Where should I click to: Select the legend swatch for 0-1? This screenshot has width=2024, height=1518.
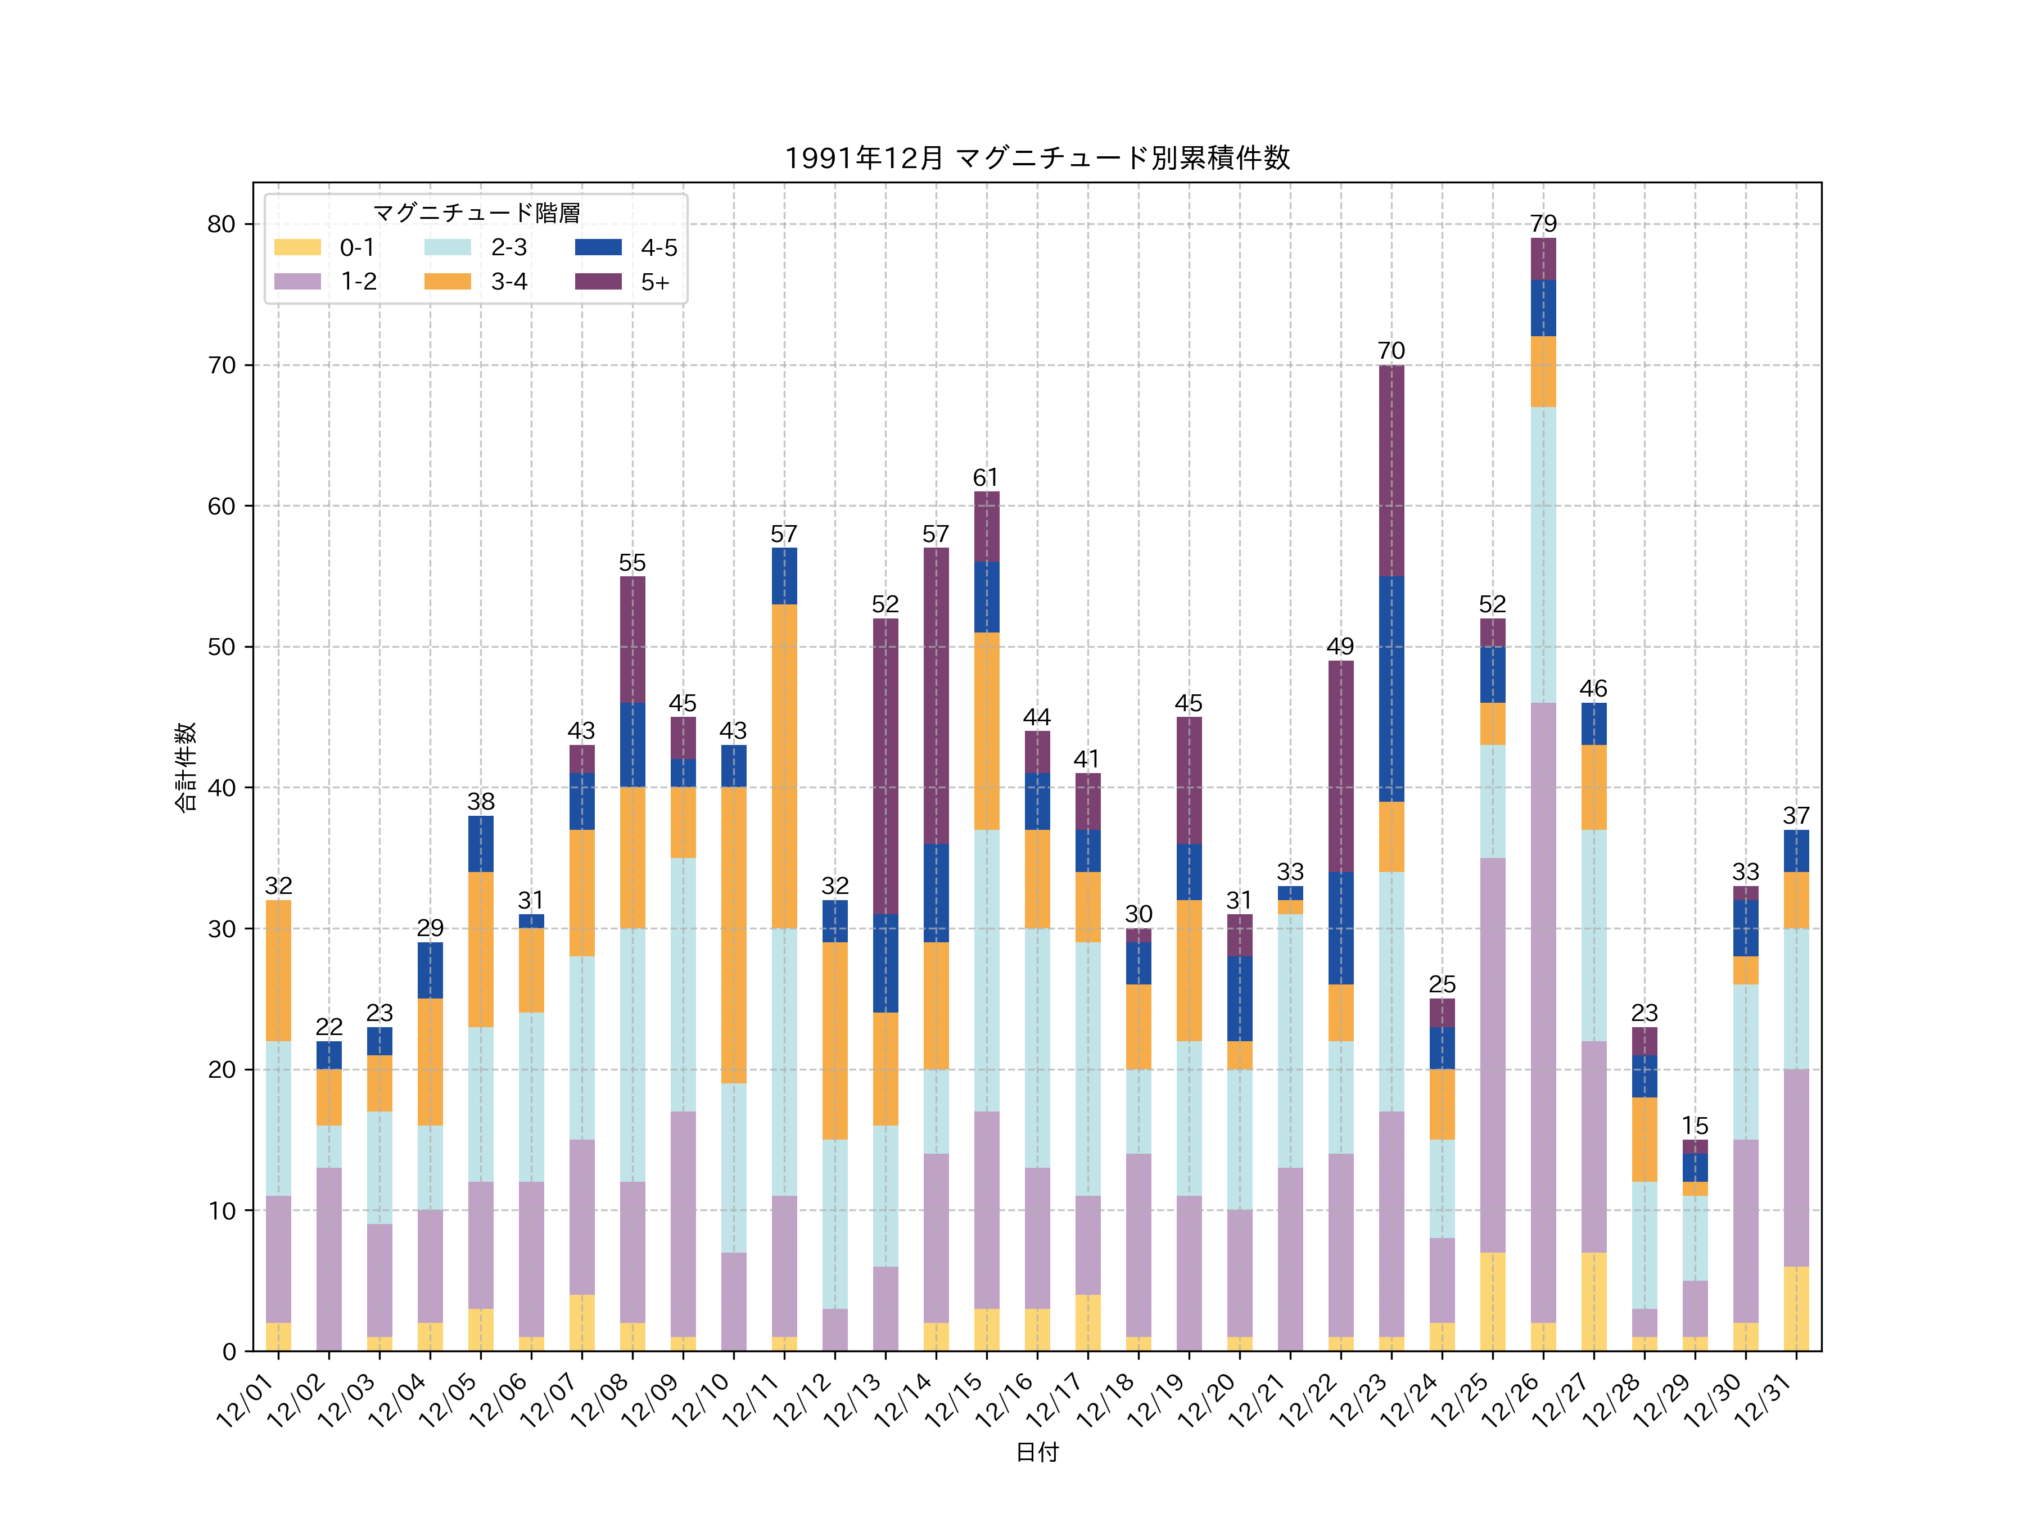tap(297, 247)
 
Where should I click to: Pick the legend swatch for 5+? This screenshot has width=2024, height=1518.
tap(598, 282)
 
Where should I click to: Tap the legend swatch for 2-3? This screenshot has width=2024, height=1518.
tap(448, 247)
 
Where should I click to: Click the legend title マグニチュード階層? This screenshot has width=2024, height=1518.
tap(476, 213)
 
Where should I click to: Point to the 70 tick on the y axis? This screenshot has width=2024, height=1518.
tap(222, 365)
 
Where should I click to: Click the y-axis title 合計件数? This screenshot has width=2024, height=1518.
tap(186, 767)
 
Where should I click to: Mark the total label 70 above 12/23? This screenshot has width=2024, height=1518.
tap(1391, 351)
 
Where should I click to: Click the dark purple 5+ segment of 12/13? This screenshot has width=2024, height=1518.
tap(885, 767)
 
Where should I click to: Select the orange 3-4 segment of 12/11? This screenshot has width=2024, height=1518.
tap(784, 767)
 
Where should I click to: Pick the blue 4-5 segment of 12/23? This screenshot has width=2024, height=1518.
tap(1391, 689)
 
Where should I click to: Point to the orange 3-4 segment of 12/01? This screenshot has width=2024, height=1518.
tap(278, 971)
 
